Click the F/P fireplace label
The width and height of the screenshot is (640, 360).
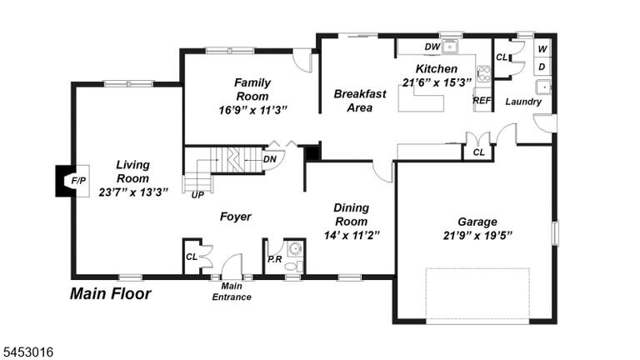click(78, 180)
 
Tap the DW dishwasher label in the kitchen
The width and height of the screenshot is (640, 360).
click(432, 47)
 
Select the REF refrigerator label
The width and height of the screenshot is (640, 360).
click(482, 100)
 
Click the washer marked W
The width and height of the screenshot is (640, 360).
click(542, 49)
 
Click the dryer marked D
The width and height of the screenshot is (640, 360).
click(542, 67)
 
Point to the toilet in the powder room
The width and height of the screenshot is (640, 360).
click(293, 267)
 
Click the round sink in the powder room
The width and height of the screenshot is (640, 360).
click(295, 247)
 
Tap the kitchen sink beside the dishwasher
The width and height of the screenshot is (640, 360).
click(450, 47)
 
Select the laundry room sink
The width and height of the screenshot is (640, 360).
click(543, 87)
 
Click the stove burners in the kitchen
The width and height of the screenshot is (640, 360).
click(484, 74)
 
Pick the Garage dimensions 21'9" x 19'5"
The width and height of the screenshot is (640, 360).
click(477, 236)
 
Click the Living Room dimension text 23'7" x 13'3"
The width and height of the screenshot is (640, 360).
click(133, 192)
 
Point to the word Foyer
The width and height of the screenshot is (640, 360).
click(236, 217)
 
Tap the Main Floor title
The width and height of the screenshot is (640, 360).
click(111, 293)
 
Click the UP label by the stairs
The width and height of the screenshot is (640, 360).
click(197, 195)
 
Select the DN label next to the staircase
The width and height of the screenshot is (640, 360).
click(269, 159)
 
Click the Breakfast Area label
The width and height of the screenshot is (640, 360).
click(360, 101)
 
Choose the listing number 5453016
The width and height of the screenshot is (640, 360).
click(27, 352)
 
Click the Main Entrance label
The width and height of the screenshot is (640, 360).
click(232, 292)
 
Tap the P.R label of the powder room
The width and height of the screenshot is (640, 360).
click(275, 259)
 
